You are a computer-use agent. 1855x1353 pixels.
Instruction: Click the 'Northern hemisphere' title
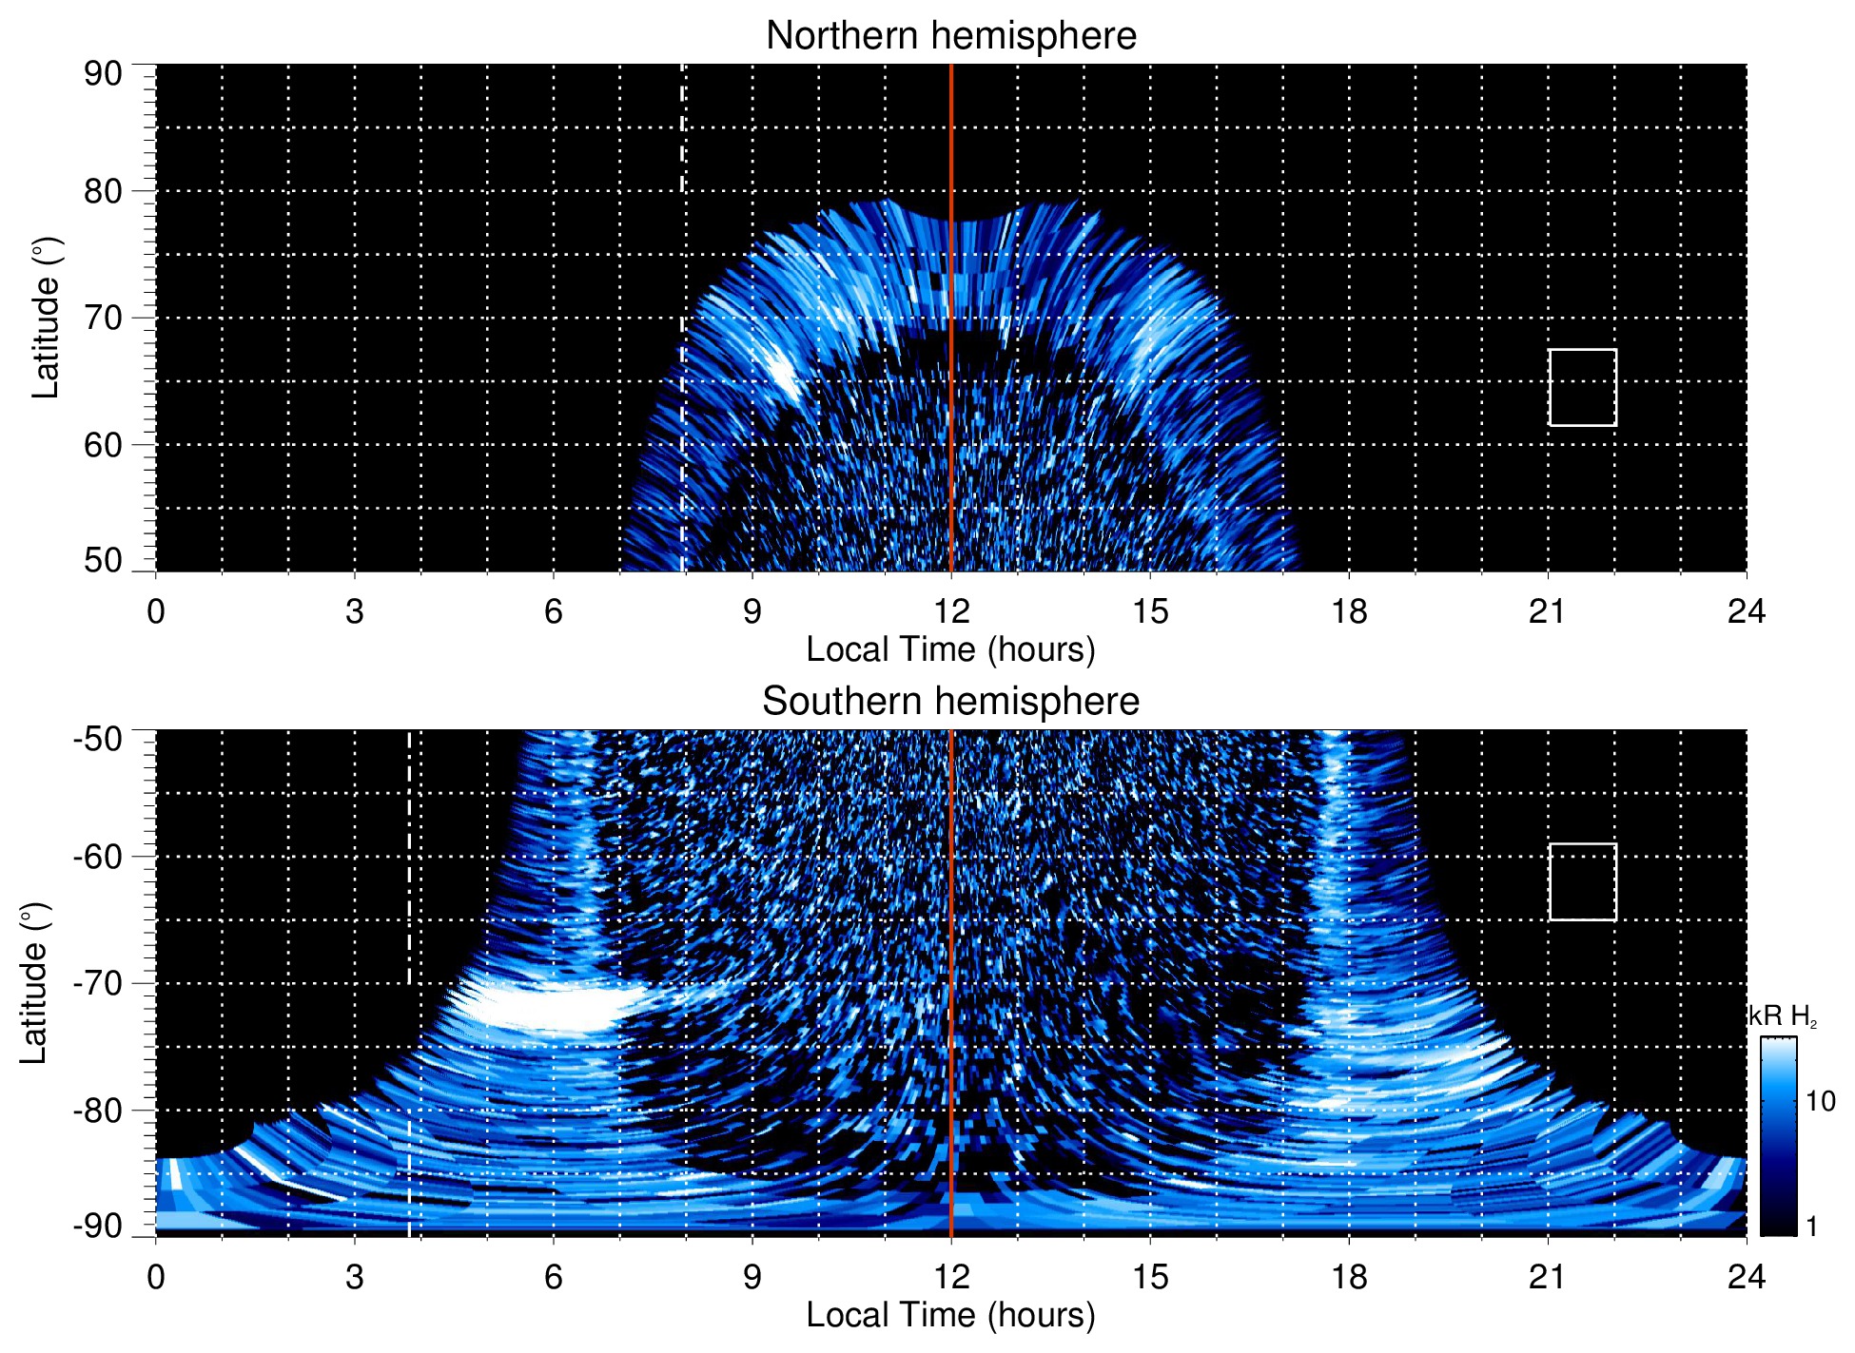click(x=950, y=36)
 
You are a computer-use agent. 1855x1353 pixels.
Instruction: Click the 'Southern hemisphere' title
click(x=950, y=702)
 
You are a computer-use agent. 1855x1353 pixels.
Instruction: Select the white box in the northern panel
click(x=1582, y=387)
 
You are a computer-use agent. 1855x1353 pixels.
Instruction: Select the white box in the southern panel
click(x=1582, y=881)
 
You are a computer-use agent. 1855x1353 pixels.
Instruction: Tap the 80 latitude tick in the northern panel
click(x=103, y=191)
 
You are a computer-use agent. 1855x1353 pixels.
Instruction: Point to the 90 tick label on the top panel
click(x=103, y=74)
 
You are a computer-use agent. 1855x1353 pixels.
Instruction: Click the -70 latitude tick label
click(x=98, y=983)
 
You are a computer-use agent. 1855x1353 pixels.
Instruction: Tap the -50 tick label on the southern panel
click(x=98, y=739)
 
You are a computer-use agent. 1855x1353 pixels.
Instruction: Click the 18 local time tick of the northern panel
click(x=1348, y=611)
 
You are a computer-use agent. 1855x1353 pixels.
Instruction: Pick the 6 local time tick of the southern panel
click(x=553, y=1276)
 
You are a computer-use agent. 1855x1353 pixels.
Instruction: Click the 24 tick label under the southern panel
click(x=1746, y=1276)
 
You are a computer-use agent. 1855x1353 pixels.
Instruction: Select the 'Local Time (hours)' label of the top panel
click(x=950, y=649)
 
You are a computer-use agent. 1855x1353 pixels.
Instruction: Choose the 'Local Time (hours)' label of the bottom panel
click(x=950, y=1315)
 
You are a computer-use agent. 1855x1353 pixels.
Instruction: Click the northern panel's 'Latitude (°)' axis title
click(x=46, y=318)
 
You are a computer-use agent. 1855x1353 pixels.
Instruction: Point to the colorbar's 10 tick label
click(x=1820, y=1101)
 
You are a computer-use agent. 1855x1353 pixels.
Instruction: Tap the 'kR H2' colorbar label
click(x=1783, y=1017)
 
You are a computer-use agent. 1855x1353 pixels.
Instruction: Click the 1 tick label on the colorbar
click(x=1811, y=1226)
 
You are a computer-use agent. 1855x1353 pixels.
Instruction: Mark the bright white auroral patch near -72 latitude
click(x=547, y=1008)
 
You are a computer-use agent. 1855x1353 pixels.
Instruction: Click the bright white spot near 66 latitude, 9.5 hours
click(x=786, y=374)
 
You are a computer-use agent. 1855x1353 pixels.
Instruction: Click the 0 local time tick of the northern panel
click(x=156, y=611)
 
